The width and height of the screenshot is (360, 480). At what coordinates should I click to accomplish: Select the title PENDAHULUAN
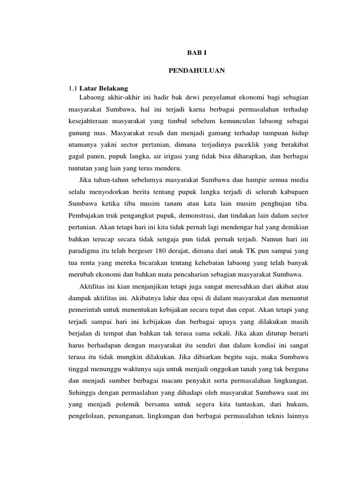tap(197, 71)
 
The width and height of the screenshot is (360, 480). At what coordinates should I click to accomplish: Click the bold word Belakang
tap(113, 88)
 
